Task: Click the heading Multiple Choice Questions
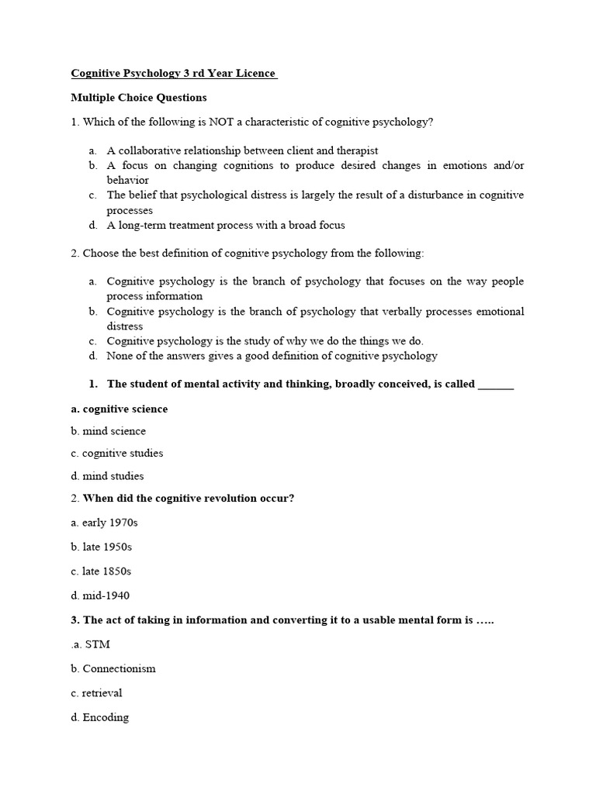coord(139,98)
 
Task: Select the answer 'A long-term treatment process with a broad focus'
coord(225,225)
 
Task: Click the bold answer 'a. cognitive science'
coord(119,409)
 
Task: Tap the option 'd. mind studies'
coord(107,476)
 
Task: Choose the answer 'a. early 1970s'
coord(104,523)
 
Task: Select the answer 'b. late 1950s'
coord(102,547)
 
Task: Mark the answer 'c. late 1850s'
coord(101,571)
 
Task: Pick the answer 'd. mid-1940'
coord(100,595)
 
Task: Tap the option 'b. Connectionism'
coord(113,668)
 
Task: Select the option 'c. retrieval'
coord(96,692)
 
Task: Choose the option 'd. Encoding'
coord(99,717)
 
